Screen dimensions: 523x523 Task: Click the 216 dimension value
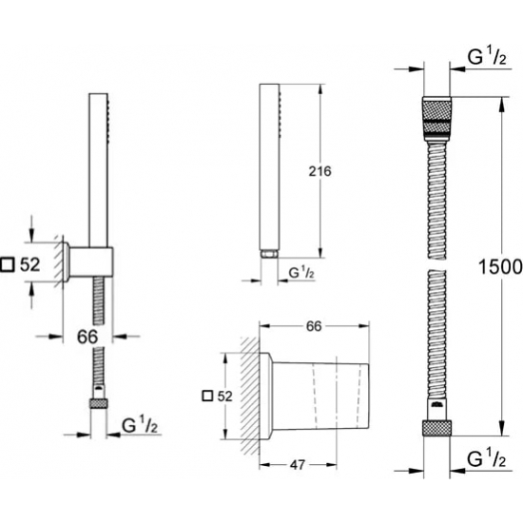(x=320, y=171)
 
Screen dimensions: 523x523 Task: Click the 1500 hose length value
(x=500, y=266)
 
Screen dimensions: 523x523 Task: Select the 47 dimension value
(x=298, y=465)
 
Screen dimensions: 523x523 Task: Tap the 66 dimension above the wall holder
(x=314, y=326)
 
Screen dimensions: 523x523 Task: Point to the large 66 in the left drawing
(x=87, y=337)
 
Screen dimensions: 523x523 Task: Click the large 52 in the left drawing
(x=30, y=265)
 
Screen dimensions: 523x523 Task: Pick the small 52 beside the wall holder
(x=224, y=397)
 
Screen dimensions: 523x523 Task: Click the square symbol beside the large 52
(x=8, y=265)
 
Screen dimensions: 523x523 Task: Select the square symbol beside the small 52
(x=208, y=396)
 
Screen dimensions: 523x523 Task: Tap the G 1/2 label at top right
(x=487, y=57)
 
